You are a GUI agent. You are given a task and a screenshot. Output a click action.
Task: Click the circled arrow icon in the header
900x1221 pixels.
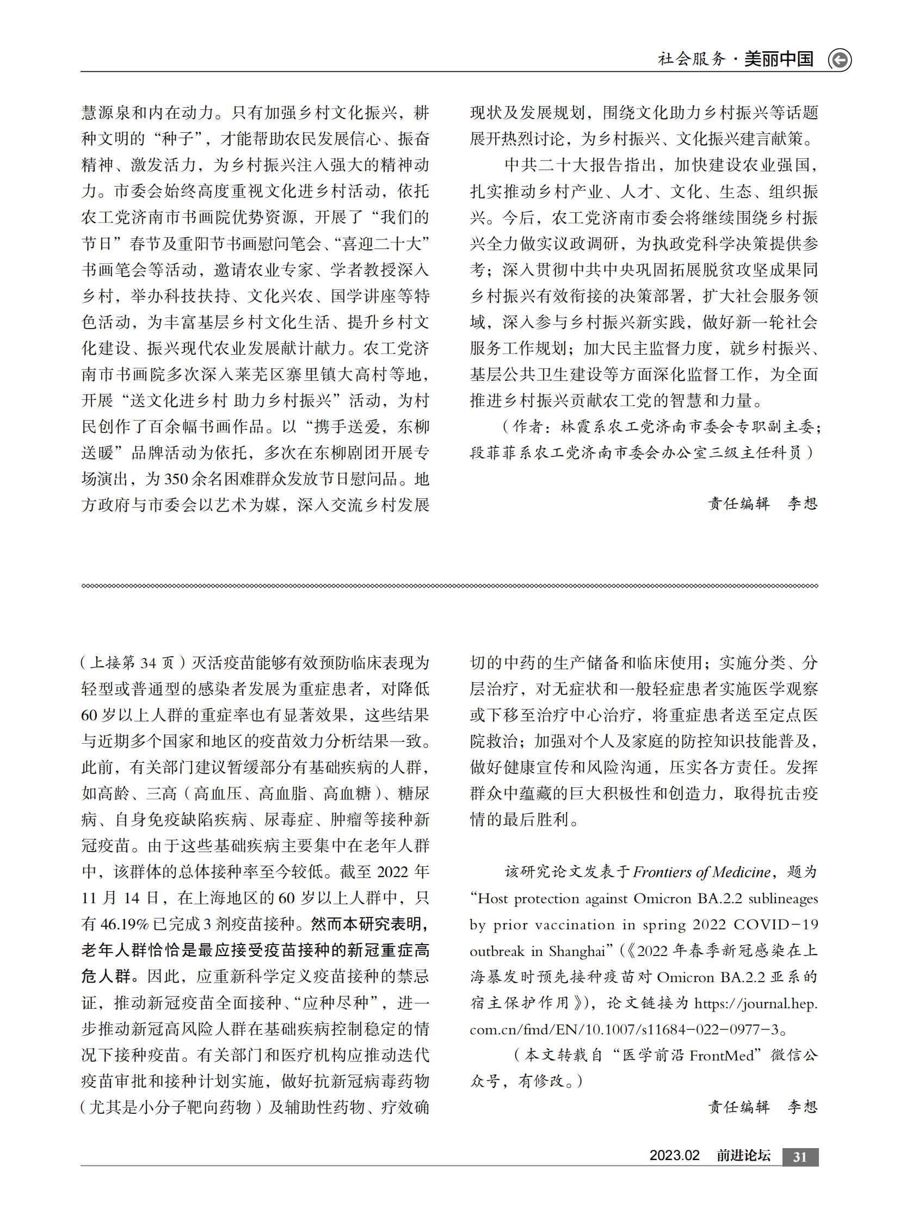click(x=839, y=60)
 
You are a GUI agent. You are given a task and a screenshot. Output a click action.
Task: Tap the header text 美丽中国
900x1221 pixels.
click(x=779, y=59)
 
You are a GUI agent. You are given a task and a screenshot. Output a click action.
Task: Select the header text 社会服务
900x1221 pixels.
click(x=692, y=59)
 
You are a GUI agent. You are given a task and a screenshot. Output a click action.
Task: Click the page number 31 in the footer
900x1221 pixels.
click(x=800, y=1157)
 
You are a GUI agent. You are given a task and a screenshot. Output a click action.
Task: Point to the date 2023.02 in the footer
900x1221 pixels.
click(x=674, y=1156)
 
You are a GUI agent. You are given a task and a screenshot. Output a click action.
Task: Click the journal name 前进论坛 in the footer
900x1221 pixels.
click(x=743, y=1156)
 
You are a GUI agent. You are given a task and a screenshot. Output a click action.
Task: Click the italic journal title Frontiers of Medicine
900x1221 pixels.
click(x=702, y=872)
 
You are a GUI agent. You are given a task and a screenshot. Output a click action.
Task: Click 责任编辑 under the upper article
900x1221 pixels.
click(x=739, y=503)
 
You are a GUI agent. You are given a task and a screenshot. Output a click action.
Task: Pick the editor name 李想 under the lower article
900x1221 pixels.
click(x=803, y=1107)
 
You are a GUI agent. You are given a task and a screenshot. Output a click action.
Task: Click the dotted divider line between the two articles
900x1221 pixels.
click(x=449, y=585)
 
